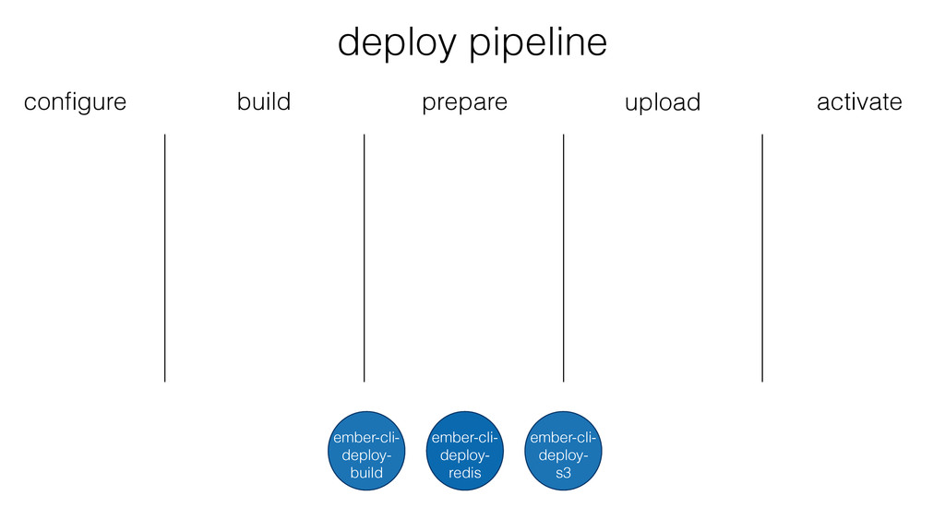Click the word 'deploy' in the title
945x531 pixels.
tap(397, 43)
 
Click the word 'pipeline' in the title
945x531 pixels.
tap(538, 43)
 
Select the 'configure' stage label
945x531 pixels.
tap(76, 103)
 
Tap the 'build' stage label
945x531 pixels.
tap(264, 101)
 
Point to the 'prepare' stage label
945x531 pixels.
tap(465, 103)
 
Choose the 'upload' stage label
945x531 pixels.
tap(663, 103)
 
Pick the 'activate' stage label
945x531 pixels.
tap(859, 101)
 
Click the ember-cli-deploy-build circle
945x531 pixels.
tap(366, 451)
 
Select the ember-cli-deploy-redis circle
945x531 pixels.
tap(465, 451)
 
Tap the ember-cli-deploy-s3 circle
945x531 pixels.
tap(563, 451)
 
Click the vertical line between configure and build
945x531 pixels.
tap(164, 258)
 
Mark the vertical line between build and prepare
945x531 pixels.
tap(364, 258)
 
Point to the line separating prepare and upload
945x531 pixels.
tap(564, 258)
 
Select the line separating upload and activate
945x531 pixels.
tap(762, 258)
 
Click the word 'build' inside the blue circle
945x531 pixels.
tap(366, 473)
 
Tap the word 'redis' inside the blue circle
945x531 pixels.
tap(465, 473)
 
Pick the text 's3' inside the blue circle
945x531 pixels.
tap(563, 473)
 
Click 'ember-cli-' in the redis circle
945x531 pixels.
tap(465, 438)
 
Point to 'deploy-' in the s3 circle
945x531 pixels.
tap(563, 455)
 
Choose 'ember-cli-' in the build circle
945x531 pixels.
tap(366, 438)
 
